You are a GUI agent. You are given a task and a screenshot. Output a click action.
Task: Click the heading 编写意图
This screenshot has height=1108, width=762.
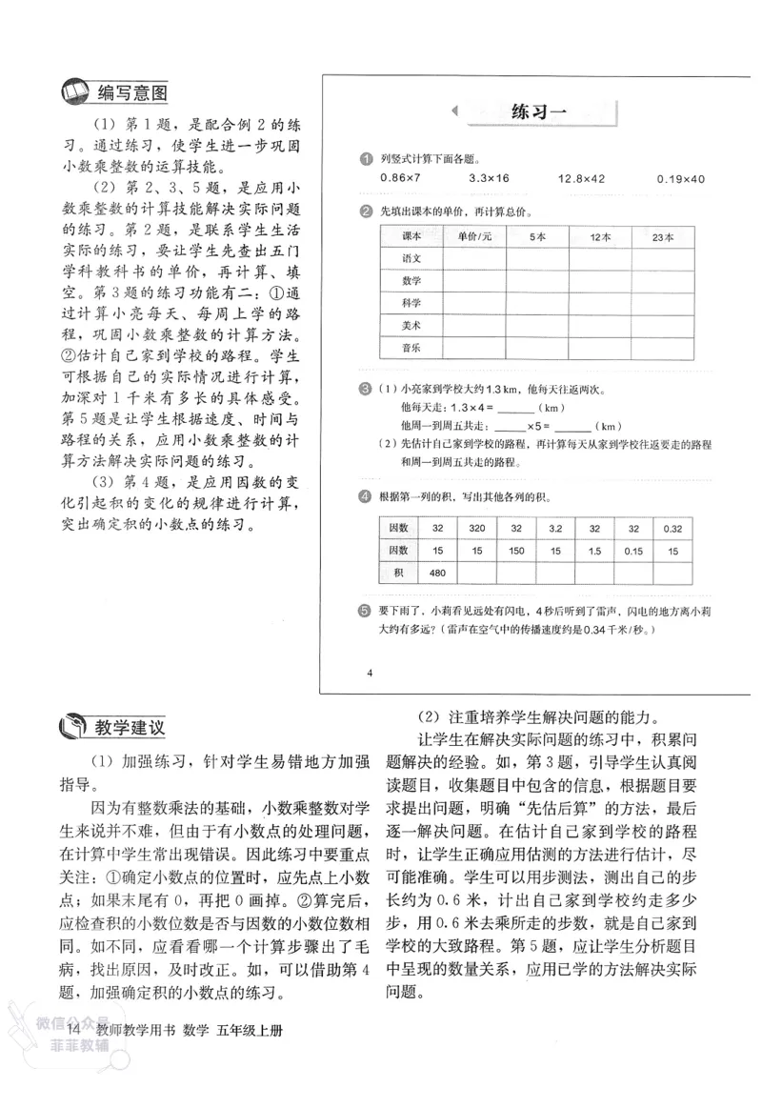pyautogui.click(x=132, y=93)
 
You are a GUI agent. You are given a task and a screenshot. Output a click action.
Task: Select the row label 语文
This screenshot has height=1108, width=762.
pyautogui.click(x=411, y=258)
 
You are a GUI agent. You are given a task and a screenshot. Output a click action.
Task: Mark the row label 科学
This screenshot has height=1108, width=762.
pyautogui.click(x=411, y=303)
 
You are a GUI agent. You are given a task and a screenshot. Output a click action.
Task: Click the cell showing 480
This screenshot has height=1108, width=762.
pyautogui.click(x=437, y=573)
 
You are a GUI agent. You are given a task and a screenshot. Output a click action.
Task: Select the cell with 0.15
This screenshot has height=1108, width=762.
pyautogui.click(x=633, y=550)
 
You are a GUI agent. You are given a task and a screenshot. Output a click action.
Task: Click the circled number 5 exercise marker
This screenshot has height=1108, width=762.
pyautogui.click(x=364, y=611)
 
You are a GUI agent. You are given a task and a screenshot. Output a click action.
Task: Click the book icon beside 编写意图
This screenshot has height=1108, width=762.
pyautogui.click(x=73, y=93)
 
